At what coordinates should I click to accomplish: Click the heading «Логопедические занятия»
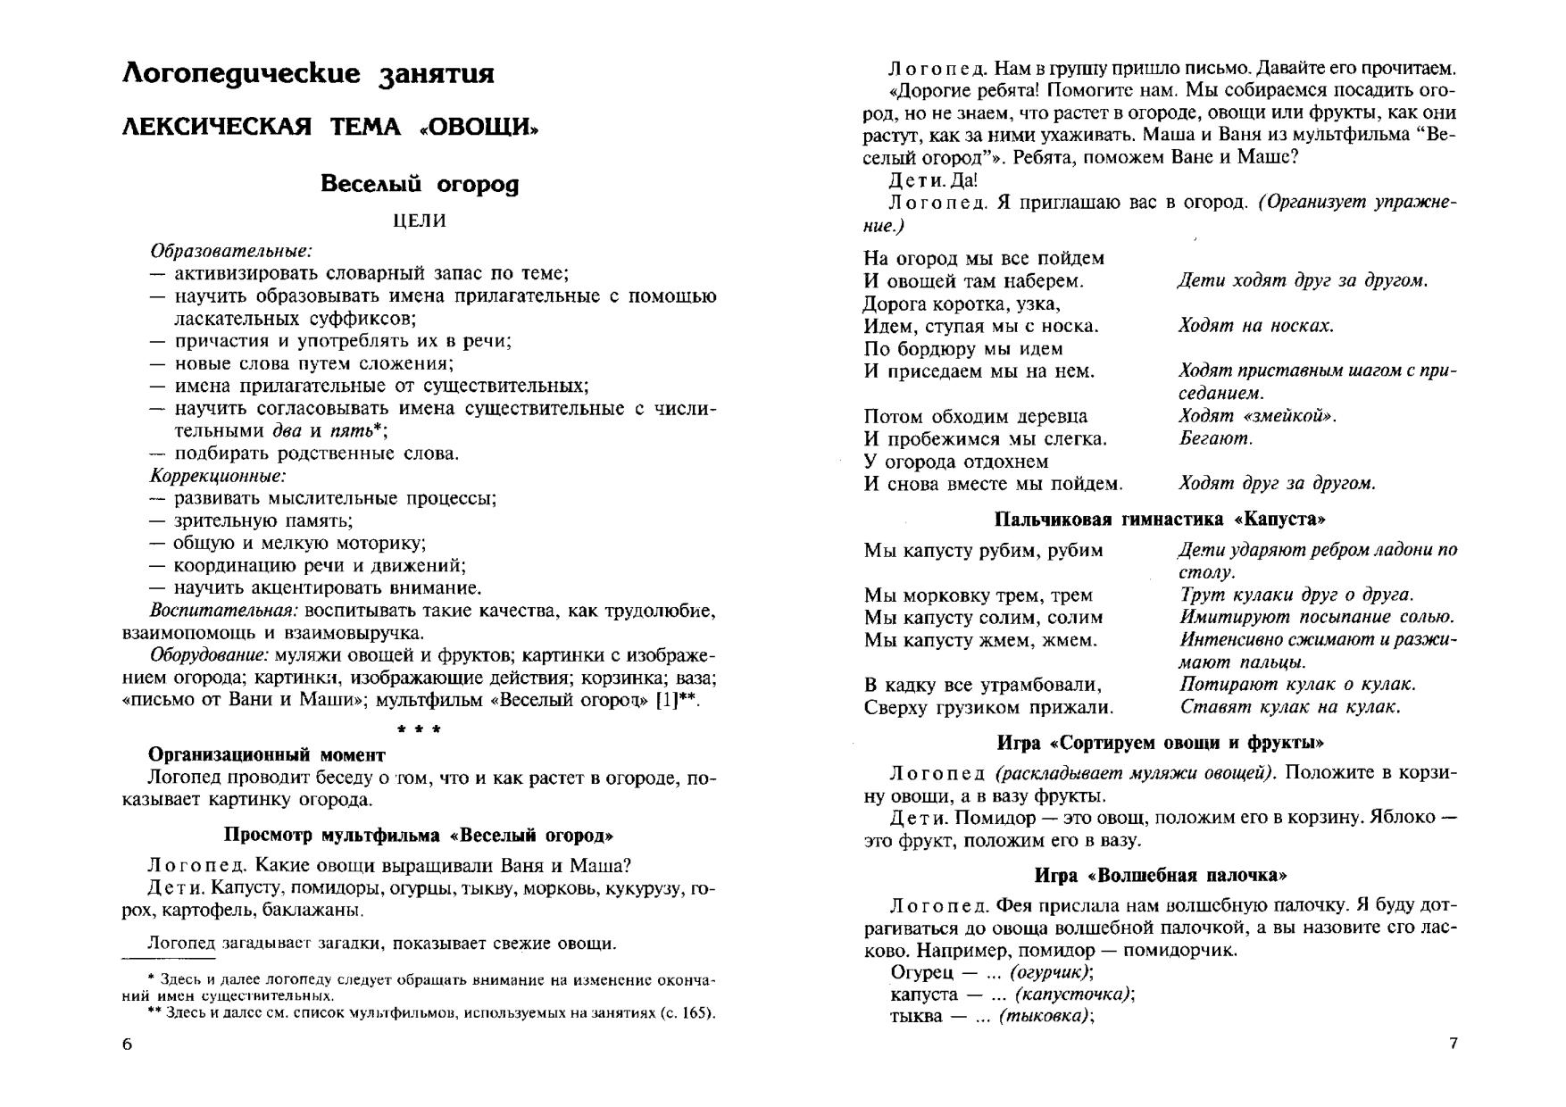308,73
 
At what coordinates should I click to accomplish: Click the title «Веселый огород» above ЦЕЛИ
419,184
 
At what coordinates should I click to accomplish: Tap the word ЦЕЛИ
420,221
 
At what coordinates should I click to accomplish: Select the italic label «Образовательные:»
230,251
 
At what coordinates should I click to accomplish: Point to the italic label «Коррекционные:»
218,476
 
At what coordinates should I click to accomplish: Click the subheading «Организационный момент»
266,754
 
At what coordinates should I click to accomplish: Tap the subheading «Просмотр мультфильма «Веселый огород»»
419,836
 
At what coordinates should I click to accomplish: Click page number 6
127,1045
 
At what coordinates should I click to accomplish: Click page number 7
1453,1044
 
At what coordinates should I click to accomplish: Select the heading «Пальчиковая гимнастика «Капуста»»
1160,520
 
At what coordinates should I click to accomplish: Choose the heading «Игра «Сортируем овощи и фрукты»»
1160,743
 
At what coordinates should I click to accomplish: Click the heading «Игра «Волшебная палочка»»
1160,876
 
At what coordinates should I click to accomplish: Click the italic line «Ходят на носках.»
1255,326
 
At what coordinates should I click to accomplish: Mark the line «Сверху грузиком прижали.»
988,708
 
